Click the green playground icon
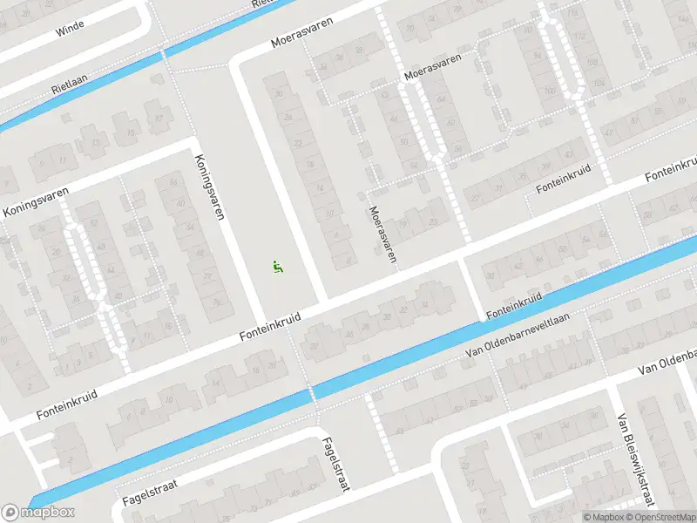278,267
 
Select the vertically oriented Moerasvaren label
382,234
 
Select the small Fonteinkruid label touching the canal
514,303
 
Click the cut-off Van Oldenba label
667,360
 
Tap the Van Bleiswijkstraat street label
634,458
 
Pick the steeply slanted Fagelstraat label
335,464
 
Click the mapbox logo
38,512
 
